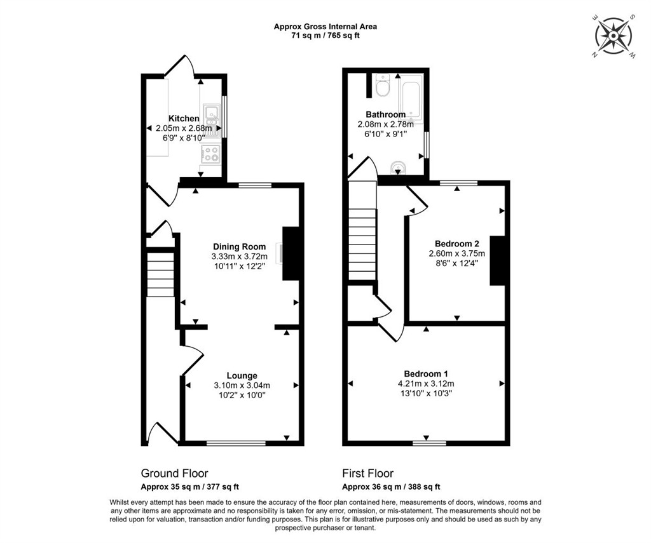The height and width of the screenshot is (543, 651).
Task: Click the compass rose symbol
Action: click(613, 36)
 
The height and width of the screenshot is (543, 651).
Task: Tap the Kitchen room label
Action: click(184, 119)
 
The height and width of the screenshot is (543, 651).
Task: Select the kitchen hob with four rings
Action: click(210, 153)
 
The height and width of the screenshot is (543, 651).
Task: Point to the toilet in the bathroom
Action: click(382, 84)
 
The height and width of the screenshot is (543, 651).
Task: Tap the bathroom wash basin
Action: click(398, 167)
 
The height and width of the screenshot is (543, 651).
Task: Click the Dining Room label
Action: click(239, 247)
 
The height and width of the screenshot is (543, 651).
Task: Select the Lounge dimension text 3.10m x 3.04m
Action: click(242, 385)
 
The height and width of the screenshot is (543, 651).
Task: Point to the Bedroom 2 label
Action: click(456, 243)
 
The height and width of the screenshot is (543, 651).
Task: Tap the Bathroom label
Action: click(385, 114)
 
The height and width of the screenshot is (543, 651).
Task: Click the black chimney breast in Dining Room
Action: click(291, 253)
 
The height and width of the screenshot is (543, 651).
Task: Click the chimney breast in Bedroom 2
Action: click(497, 260)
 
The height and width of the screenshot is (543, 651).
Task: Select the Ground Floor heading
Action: click(174, 473)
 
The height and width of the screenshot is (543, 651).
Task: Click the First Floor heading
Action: click(368, 473)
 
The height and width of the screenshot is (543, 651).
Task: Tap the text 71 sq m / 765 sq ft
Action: click(325, 36)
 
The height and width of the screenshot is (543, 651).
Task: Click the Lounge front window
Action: click(236, 443)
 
